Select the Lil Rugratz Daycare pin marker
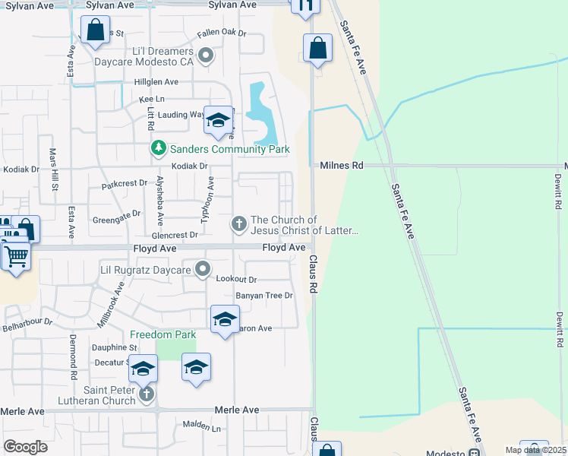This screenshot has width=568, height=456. tap(203, 268)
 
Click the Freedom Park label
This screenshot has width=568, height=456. tap(163, 334)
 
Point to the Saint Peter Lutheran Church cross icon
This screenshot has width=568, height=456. tap(147, 393)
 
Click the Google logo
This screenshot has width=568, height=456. tap(25, 447)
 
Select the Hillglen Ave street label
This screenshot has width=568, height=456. tap(156, 81)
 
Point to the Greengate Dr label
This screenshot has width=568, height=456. tap(116, 214)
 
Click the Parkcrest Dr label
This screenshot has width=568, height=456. tap(124, 184)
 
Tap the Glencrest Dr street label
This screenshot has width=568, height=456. tap(174, 235)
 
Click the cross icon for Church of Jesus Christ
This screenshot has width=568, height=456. tap(238, 223)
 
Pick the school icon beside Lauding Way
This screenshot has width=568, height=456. tap(218, 120)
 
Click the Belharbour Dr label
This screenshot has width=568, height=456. tap(27, 321)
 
